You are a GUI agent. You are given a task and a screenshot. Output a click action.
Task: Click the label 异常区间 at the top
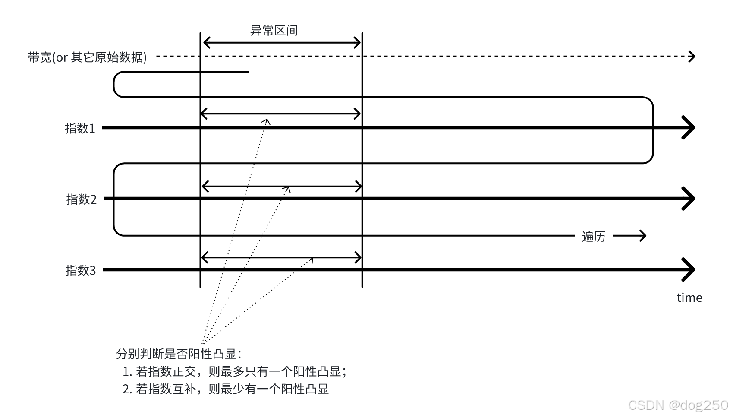274,31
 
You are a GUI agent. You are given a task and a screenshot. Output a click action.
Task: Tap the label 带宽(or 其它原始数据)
87,57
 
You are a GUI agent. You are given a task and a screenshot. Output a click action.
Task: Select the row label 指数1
80,128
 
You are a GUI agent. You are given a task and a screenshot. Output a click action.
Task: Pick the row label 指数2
81,199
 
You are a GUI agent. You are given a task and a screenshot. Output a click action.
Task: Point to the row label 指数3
80,270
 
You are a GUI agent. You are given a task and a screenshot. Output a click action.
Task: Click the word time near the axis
689,298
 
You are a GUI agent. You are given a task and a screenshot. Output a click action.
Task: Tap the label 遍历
593,237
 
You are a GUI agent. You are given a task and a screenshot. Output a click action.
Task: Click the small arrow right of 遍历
629,236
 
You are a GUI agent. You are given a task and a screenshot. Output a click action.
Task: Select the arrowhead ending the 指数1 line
689,128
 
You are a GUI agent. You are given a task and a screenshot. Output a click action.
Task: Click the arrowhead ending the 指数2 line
689,199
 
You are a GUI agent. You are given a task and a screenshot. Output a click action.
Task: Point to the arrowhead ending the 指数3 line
689,270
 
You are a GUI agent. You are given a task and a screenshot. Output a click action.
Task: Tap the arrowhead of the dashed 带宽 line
692,56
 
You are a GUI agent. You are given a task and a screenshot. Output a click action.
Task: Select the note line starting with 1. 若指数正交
235,371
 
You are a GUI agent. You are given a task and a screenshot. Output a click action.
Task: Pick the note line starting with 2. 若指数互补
226,389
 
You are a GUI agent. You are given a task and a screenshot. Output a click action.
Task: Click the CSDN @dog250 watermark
678,405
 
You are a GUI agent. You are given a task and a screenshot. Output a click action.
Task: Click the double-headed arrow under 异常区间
281,43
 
